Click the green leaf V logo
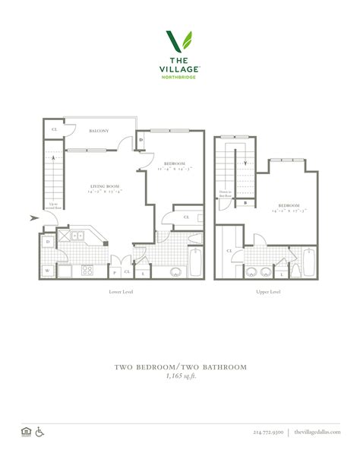tap(179, 43)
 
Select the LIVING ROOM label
tap(105, 186)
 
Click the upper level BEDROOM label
tap(288, 206)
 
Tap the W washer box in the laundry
tap(47, 270)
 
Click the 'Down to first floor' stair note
tap(226, 193)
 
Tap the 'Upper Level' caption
tap(269, 292)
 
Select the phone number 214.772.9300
tap(267, 433)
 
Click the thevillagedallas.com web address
tap(318, 433)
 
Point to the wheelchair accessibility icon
tap(40, 433)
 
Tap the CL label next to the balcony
tap(54, 130)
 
